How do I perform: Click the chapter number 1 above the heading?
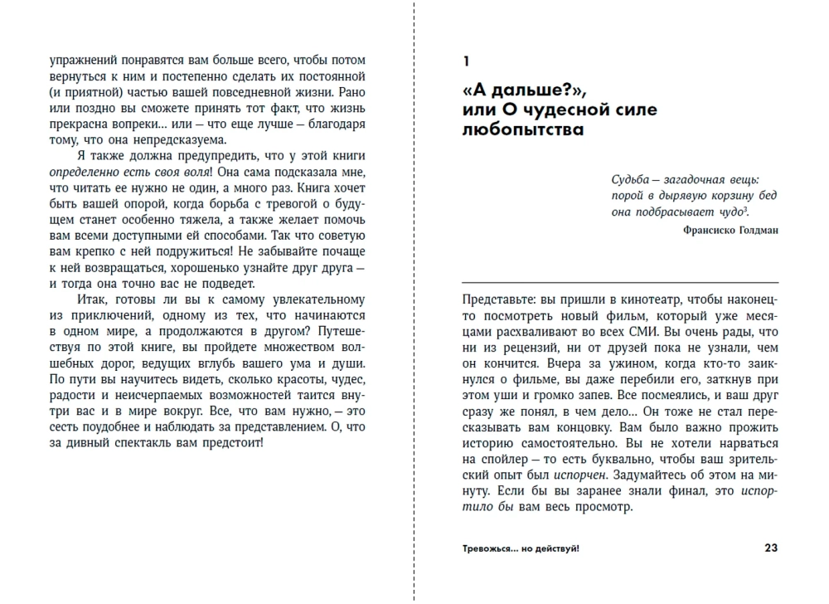pos(466,61)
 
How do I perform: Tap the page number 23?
pos(770,548)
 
